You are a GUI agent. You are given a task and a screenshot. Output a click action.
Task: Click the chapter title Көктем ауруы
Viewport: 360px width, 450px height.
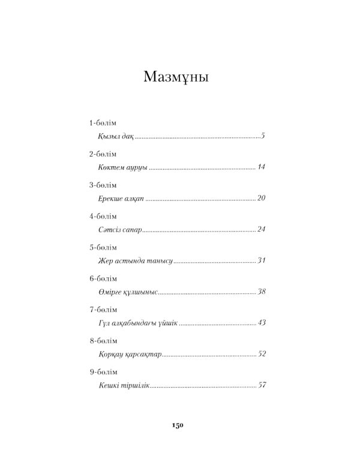coord(122,168)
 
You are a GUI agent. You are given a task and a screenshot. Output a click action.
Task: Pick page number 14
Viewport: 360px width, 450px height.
coord(260,168)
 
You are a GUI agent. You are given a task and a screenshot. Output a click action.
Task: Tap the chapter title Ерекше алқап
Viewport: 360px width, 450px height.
coord(121,199)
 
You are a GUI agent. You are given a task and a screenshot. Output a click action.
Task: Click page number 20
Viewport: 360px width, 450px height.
coord(260,199)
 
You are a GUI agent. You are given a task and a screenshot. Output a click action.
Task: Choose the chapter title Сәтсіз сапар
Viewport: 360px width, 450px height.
coord(120,230)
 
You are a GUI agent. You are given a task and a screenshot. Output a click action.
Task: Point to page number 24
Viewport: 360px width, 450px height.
coord(260,230)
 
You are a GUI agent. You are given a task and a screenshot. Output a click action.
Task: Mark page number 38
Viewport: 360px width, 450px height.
coord(260,292)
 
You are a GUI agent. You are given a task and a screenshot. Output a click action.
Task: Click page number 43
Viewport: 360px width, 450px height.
coord(260,323)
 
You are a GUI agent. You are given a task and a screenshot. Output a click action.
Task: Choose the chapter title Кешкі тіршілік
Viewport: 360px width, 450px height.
coord(123,385)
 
